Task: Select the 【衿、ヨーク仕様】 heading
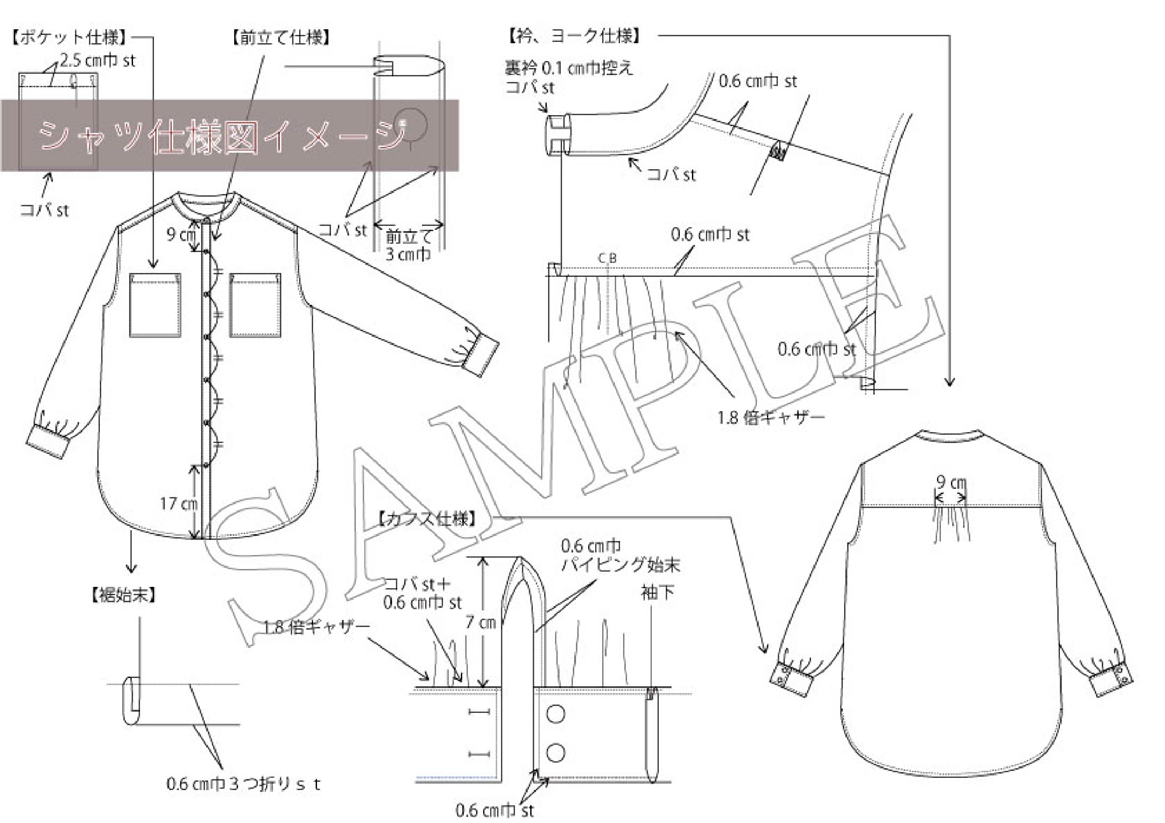(574, 36)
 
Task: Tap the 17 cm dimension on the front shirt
(179, 503)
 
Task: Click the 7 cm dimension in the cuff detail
(481, 622)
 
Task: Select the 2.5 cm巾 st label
(98, 60)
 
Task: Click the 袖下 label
(657, 592)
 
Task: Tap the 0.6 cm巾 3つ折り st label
(244, 784)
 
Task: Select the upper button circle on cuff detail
(556, 714)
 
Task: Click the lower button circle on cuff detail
(556, 753)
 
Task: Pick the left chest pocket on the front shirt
(155, 305)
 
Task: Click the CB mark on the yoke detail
(607, 259)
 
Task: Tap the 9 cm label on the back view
(951, 482)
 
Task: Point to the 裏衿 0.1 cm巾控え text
(569, 68)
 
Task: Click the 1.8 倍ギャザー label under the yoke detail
(771, 417)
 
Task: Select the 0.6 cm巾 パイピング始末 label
(620, 555)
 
